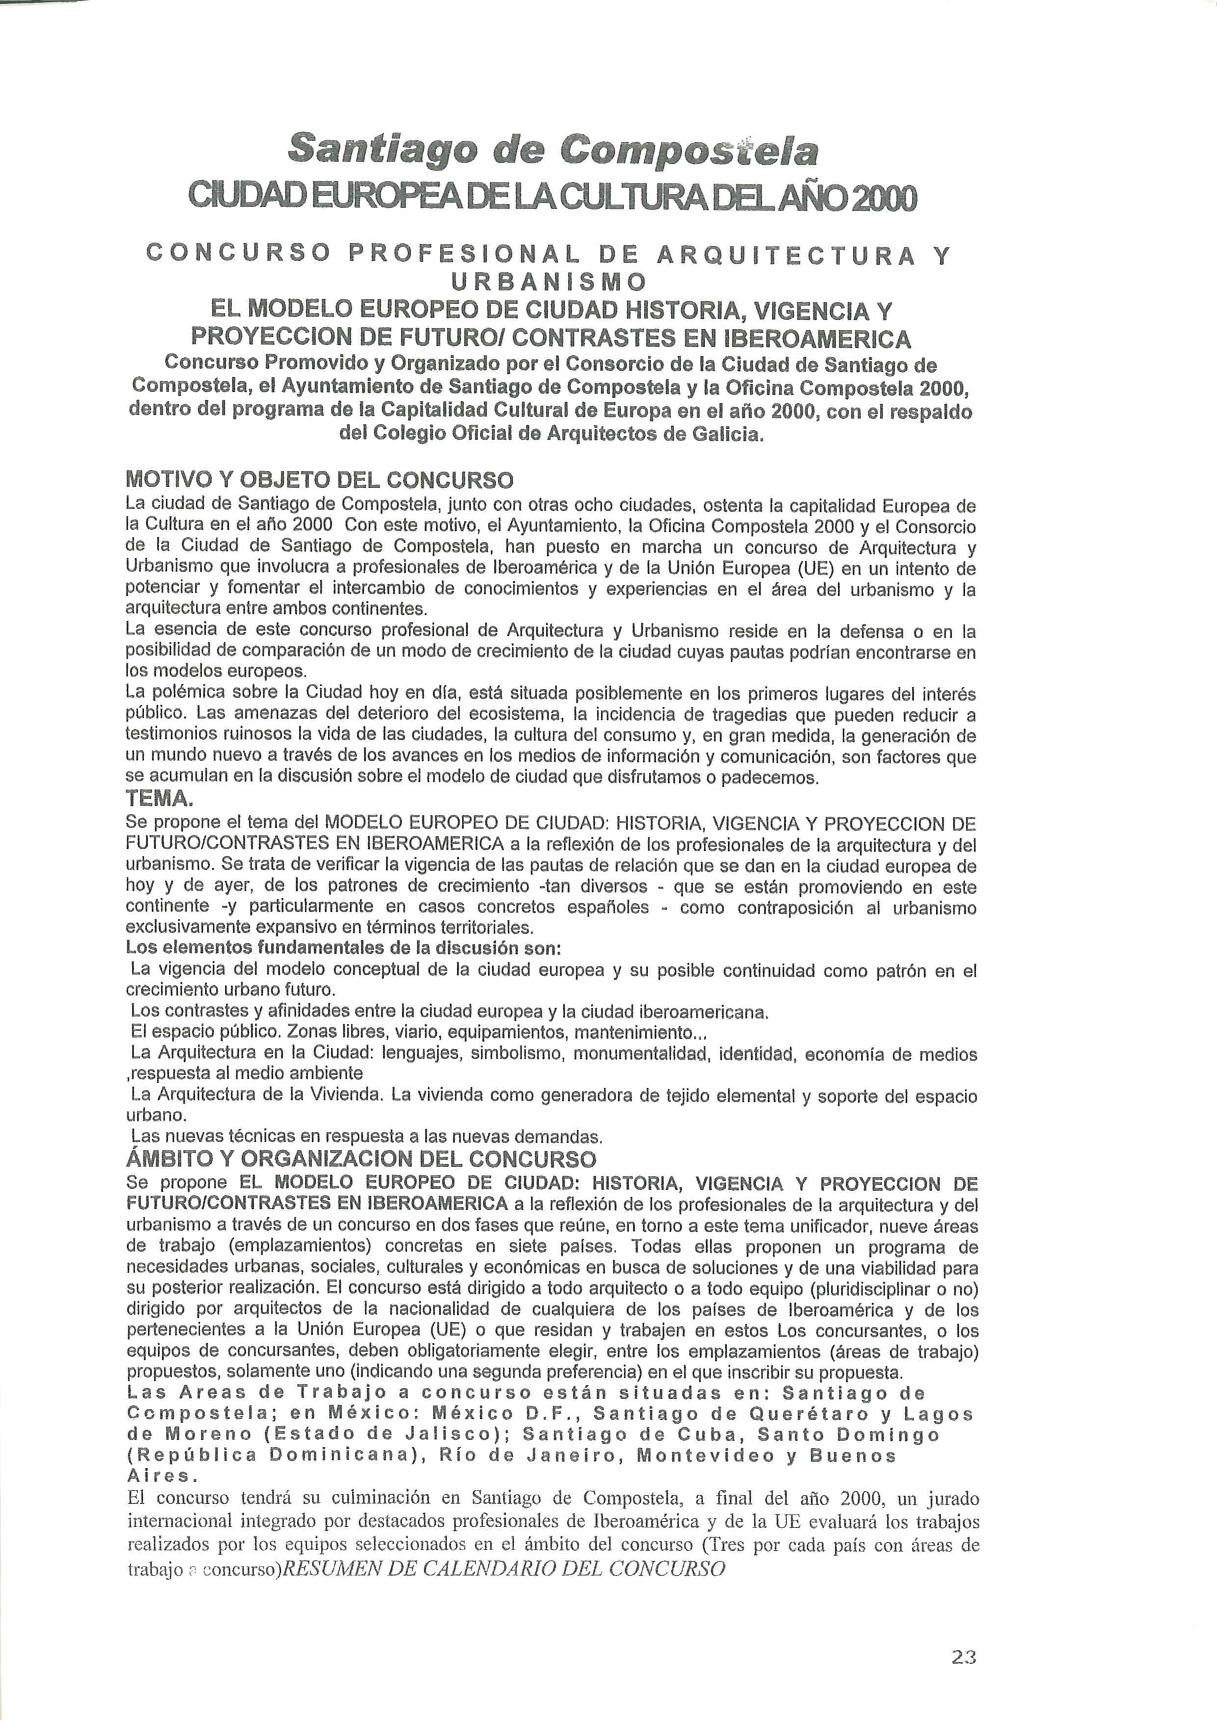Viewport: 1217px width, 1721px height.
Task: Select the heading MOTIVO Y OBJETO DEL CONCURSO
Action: click(x=319, y=480)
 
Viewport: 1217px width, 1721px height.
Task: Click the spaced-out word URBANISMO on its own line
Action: click(x=547, y=282)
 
